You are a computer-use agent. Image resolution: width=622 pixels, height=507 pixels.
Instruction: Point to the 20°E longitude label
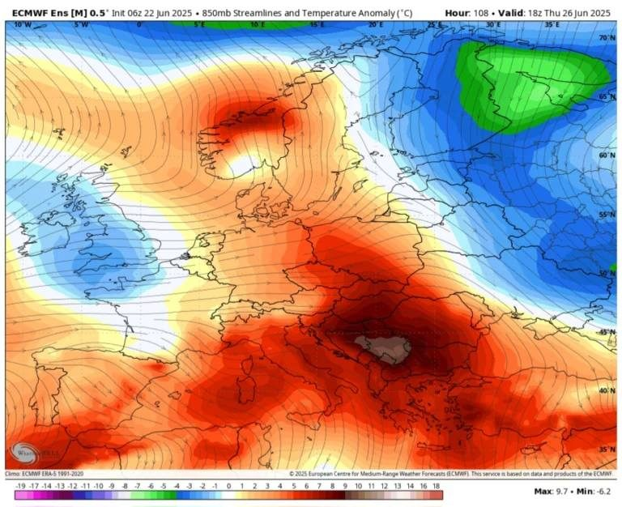[376, 25]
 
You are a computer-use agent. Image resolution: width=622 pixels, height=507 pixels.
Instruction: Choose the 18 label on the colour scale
[437, 485]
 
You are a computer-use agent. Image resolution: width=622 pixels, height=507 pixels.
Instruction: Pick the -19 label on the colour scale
[20, 485]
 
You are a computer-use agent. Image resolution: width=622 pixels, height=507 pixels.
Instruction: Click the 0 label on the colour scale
[228, 485]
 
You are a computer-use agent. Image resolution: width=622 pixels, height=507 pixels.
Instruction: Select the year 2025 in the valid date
[595, 13]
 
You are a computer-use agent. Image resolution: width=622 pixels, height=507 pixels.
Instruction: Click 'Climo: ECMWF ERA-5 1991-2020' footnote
[45, 474]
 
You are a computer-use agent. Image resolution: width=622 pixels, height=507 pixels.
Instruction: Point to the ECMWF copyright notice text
[454, 474]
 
